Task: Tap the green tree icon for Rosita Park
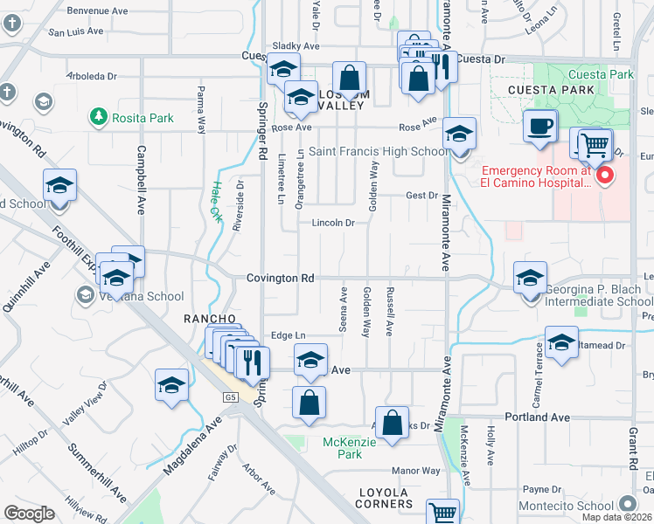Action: pyautogui.click(x=98, y=115)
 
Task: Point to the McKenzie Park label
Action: pyautogui.click(x=342, y=448)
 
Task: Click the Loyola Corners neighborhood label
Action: pyautogui.click(x=385, y=499)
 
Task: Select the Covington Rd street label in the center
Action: pyautogui.click(x=280, y=278)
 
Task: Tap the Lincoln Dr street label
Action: pyautogui.click(x=333, y=223)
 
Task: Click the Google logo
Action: pyautogui.click(x=29, y=514)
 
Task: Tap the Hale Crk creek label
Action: pyautogui.click(x=216, y=201)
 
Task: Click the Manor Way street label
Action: pyautogui.click(x=416, y=471)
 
